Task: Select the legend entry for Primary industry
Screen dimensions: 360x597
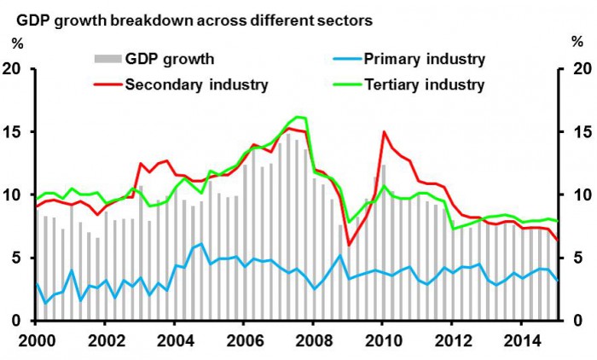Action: coord(424,59)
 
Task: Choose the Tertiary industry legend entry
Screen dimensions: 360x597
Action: coord(424,84)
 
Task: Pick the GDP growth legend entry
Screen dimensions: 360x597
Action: coord(169,59)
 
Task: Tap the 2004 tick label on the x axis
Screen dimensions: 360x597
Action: coord(174,339)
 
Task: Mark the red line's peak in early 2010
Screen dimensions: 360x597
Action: coord(384,132)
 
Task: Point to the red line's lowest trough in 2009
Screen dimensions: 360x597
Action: coord(349,245)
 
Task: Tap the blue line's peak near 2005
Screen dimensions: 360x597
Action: coord(200,244)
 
